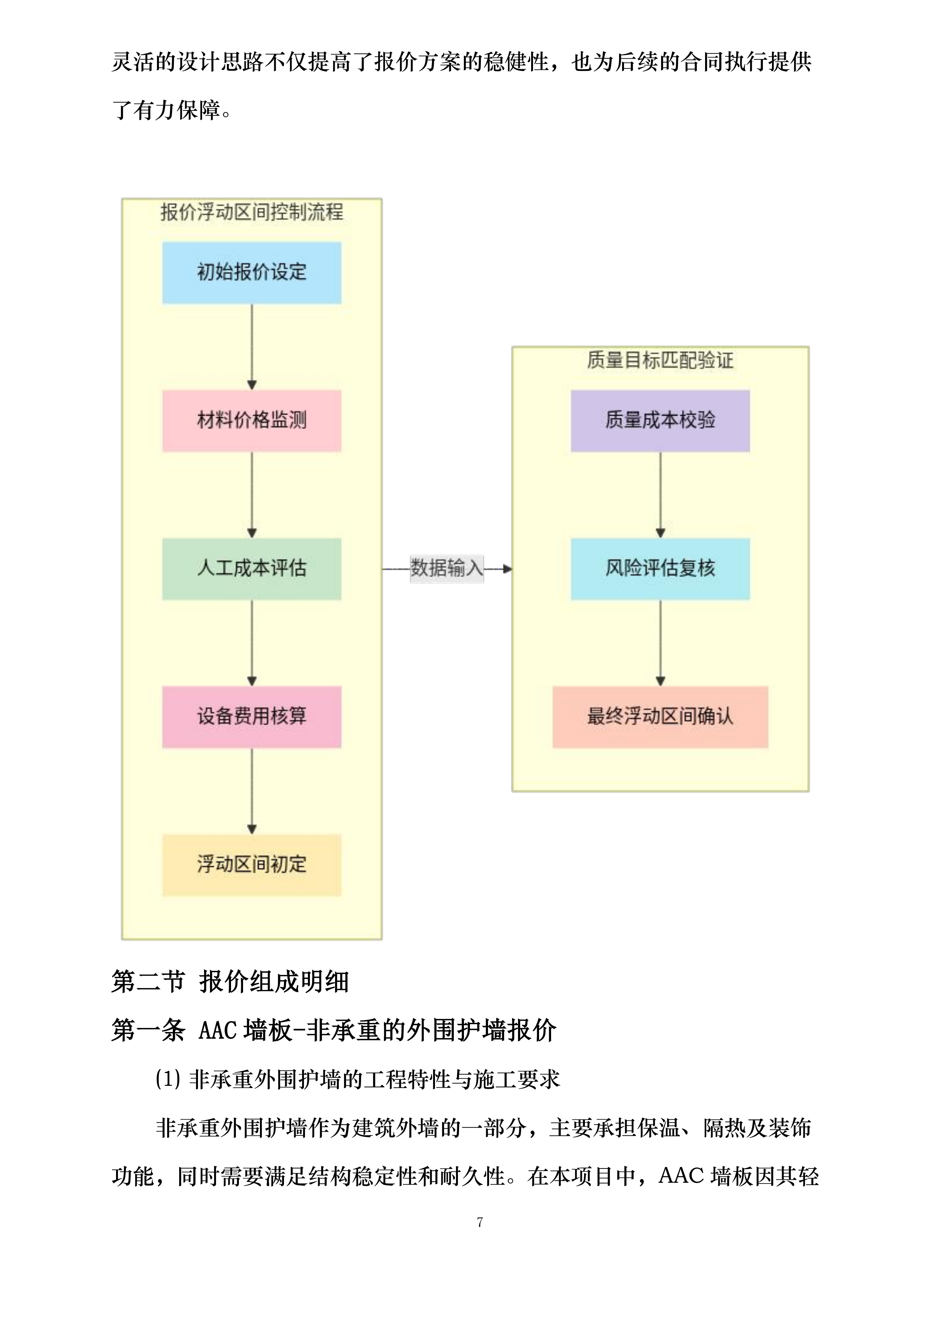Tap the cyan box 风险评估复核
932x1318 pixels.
[x=660, y=568]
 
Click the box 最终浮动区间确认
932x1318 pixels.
[x=660, y=716]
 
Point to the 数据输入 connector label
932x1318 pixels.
[x=447, y=568]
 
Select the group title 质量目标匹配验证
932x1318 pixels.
[x=660, y=361]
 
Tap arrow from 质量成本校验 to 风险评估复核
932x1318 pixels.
[x=660, y=494]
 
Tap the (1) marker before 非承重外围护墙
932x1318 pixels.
[x=168, y=1079]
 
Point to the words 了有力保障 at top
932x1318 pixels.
[x=166, y=110]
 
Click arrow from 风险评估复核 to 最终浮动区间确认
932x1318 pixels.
[x=660, y=642]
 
